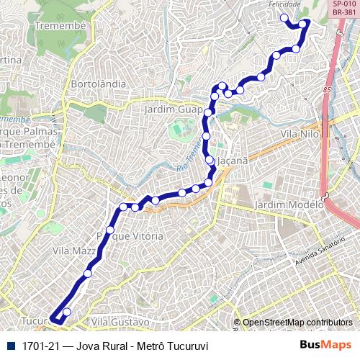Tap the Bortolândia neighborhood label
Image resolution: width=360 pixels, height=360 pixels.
click(99, 84)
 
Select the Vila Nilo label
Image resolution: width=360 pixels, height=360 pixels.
click(300, 135)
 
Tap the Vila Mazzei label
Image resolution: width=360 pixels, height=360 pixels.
click(75, 251)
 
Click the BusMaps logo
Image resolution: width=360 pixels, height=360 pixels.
click(325, 345)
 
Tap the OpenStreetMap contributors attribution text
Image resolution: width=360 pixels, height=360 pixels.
click(297, 323)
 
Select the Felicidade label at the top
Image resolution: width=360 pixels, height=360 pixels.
click(284, 4)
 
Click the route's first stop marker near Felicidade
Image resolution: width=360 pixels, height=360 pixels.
click(284, 18)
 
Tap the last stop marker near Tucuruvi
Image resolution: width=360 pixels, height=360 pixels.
click(67, 312)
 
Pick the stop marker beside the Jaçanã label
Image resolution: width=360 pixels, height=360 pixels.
click(210, 161)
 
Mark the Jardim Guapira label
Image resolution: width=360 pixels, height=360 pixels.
click(173, 109)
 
